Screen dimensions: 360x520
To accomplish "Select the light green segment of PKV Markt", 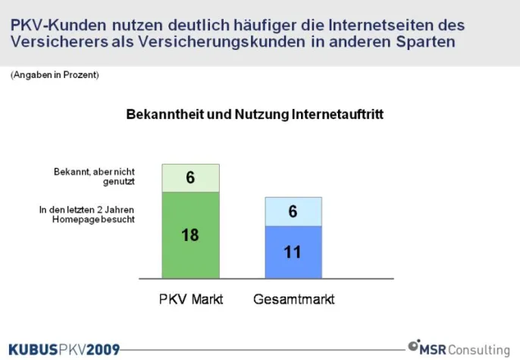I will coord(190,178).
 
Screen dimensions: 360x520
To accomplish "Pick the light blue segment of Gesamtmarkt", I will coord(293,211).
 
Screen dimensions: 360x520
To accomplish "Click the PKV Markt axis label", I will coord(191,299).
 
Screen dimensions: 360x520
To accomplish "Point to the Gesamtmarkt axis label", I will coord(293,299).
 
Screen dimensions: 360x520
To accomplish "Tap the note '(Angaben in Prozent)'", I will coord(55,76).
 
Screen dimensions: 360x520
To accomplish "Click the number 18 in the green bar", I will coord(190,235).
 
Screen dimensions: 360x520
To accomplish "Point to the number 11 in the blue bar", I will coord(293,251).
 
